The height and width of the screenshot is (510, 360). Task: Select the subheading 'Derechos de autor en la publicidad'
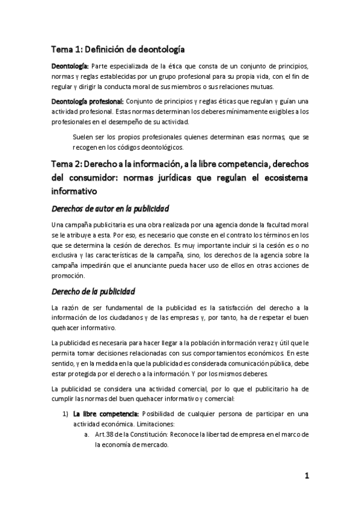pyautogui.click(x=111, y=209)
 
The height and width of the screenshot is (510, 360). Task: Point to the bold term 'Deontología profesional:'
pyautogui.click(x=88, y=101)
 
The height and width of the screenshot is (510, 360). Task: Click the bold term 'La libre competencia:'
pyautogui.click(x=106, y=414)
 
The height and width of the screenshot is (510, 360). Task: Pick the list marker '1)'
pyautogui.click(x=66, y=414)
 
